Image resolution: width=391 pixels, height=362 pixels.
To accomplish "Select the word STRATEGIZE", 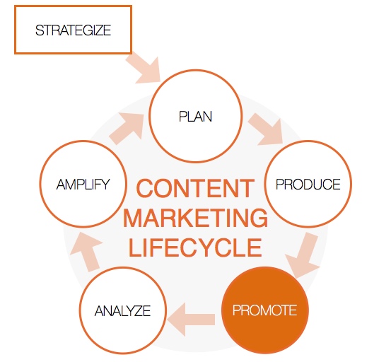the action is point(73,30).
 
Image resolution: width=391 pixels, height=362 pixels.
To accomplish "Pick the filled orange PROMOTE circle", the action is point(265,310).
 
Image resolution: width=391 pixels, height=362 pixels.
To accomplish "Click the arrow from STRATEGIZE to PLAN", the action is point(145,69).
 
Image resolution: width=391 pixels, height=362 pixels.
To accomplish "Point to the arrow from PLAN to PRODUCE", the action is point(267,130).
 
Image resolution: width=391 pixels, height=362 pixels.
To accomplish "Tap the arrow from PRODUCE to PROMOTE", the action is point(304,255).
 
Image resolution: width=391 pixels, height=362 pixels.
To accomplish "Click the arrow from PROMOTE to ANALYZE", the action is point(192,320).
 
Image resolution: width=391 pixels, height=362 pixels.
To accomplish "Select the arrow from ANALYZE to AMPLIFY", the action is point(87,251).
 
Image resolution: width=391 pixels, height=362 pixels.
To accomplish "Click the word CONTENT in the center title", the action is point(195,188).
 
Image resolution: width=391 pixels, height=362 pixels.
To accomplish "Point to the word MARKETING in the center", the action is point(195,218).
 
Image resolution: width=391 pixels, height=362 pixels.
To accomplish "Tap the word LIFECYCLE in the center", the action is point(195,247).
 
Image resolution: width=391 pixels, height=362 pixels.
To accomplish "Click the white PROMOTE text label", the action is point(265,310).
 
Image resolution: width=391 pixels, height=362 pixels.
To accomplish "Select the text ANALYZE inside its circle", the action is point(123,310).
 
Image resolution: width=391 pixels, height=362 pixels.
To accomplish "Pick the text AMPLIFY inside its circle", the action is point(83,185).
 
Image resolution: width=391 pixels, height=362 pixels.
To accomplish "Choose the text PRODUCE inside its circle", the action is point(308,185).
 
